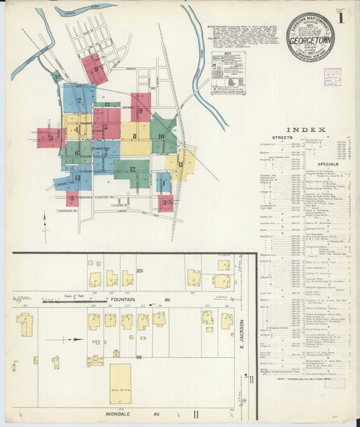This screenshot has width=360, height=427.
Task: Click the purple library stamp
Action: tap(333, 75)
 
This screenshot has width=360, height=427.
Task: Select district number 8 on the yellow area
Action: tap(134, 135)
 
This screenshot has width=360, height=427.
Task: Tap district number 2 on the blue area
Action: tap(78, 101)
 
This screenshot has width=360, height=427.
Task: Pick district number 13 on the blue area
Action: tap(77, 177)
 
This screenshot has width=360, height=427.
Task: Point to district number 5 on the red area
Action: tap(105, 128)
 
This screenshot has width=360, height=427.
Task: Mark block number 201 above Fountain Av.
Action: tap(140, 271)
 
